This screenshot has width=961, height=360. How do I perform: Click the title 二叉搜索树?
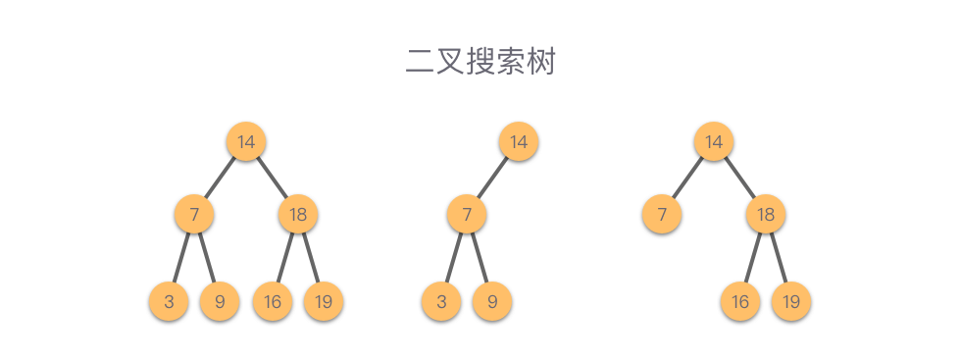(480, 62)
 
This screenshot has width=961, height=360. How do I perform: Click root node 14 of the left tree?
(246, 141)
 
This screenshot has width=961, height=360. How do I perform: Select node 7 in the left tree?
(194, 214)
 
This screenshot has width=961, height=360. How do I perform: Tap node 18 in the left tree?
(298, 214)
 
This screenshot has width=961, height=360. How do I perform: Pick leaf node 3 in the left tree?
(169, 301)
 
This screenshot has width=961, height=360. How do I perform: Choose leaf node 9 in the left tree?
(220, 301)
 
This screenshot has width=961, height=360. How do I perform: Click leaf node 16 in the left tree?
(273, 301)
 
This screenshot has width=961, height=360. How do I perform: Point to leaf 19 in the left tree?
(323, 301)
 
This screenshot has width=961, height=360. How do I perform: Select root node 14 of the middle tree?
(519, 141)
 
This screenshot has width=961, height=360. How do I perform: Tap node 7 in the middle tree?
(467, 214)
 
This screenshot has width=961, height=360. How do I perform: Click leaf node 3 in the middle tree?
(441, 301)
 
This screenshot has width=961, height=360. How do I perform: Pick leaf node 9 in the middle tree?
(492, 301)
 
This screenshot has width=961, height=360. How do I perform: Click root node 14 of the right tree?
(714, 141)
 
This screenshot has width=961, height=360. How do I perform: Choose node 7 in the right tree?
(662, 214)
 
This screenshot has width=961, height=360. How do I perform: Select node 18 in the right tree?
(766, 214)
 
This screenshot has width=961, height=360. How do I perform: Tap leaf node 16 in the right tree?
(740, 301)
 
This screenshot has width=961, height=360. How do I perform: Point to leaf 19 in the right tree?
(791, 301)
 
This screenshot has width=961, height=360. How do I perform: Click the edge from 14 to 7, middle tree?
(492, 178)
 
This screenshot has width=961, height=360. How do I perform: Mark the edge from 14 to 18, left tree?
(273, 178)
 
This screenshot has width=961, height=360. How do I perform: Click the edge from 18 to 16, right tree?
(753, 258)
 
